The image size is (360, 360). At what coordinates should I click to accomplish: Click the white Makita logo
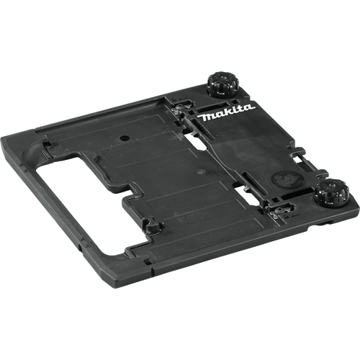[228, 112]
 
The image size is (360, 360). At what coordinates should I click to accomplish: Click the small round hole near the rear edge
[124, 135]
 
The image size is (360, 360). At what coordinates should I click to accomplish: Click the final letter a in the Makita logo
[249, 107]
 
